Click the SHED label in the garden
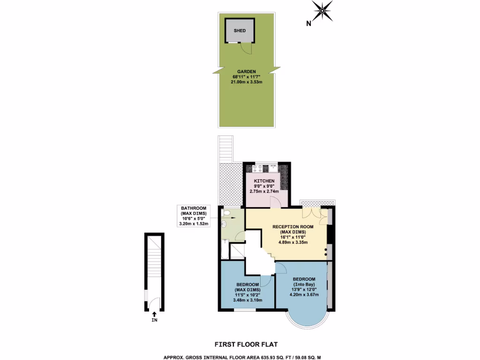(240, 30)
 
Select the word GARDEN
(247, 71)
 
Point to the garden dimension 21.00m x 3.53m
(247, 82)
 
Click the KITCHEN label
(264, 181)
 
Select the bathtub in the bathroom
(225, 248)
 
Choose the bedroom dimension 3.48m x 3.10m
(247, 300)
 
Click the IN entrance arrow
(154, 317)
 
